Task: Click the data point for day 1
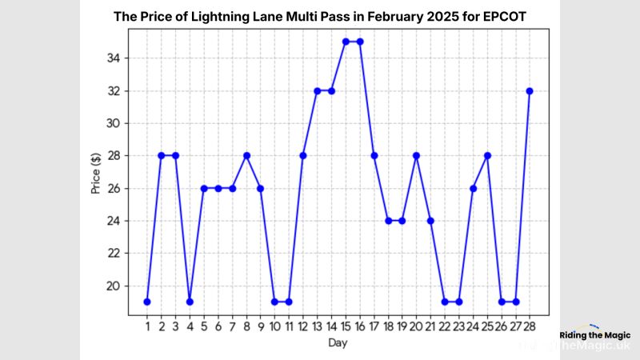[147, 302]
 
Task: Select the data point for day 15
[346, 41]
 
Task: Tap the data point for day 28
[530, 90]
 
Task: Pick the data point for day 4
[190, 302]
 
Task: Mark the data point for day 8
[246, 155]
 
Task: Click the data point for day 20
[416, 155]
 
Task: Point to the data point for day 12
[303, 155]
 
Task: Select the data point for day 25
[487, 155]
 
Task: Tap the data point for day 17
[374, 155]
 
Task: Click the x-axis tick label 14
[331, 326]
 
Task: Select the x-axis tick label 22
[445, 326]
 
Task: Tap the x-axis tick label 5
[204, 326]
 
